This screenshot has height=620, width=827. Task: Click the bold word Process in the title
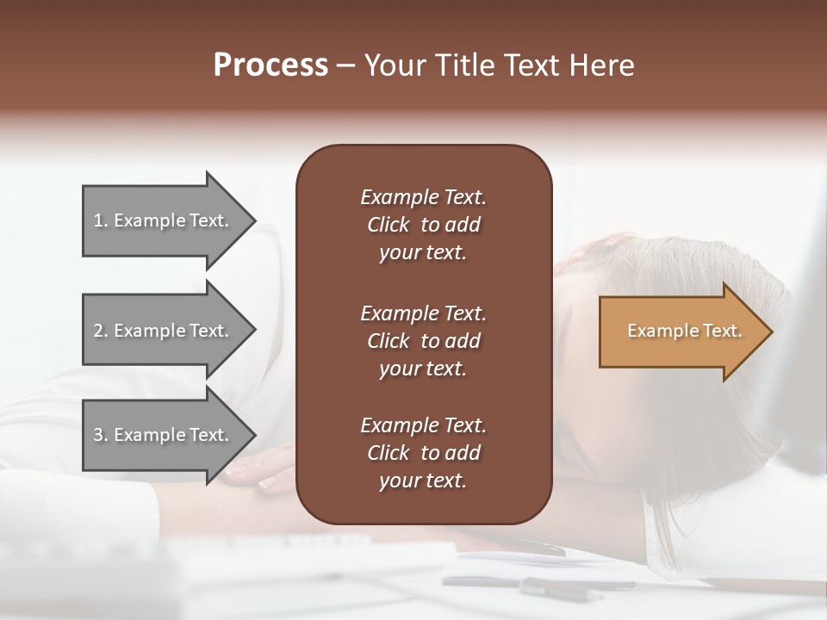(x=270, y=65)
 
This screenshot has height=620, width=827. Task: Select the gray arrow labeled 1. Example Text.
(x=164, y=220)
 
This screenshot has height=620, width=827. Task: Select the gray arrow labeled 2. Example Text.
(x=164, y=331)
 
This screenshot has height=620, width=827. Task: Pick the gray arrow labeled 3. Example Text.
(x=164, y=435)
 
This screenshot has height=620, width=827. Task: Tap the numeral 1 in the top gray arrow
(x=97, y=220)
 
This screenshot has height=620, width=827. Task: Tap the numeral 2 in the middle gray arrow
(x=97, y=331)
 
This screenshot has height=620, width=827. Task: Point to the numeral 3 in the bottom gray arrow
(x=97, y=435)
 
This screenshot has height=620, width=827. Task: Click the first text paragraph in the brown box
(x=423, y=225)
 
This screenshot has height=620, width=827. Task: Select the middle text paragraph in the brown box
(x=423, y=341)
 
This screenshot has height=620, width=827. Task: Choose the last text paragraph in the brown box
(x=423, y=453)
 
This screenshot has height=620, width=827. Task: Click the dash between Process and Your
(x=346, y=66)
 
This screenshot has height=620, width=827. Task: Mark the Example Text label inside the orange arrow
(x=684, y=331)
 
